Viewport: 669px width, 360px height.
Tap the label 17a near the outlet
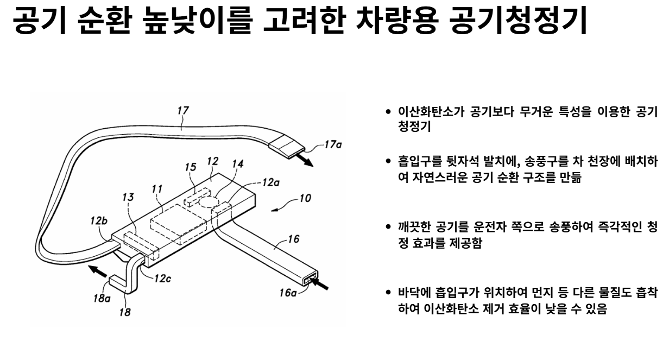332,145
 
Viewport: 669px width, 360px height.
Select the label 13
128,199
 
